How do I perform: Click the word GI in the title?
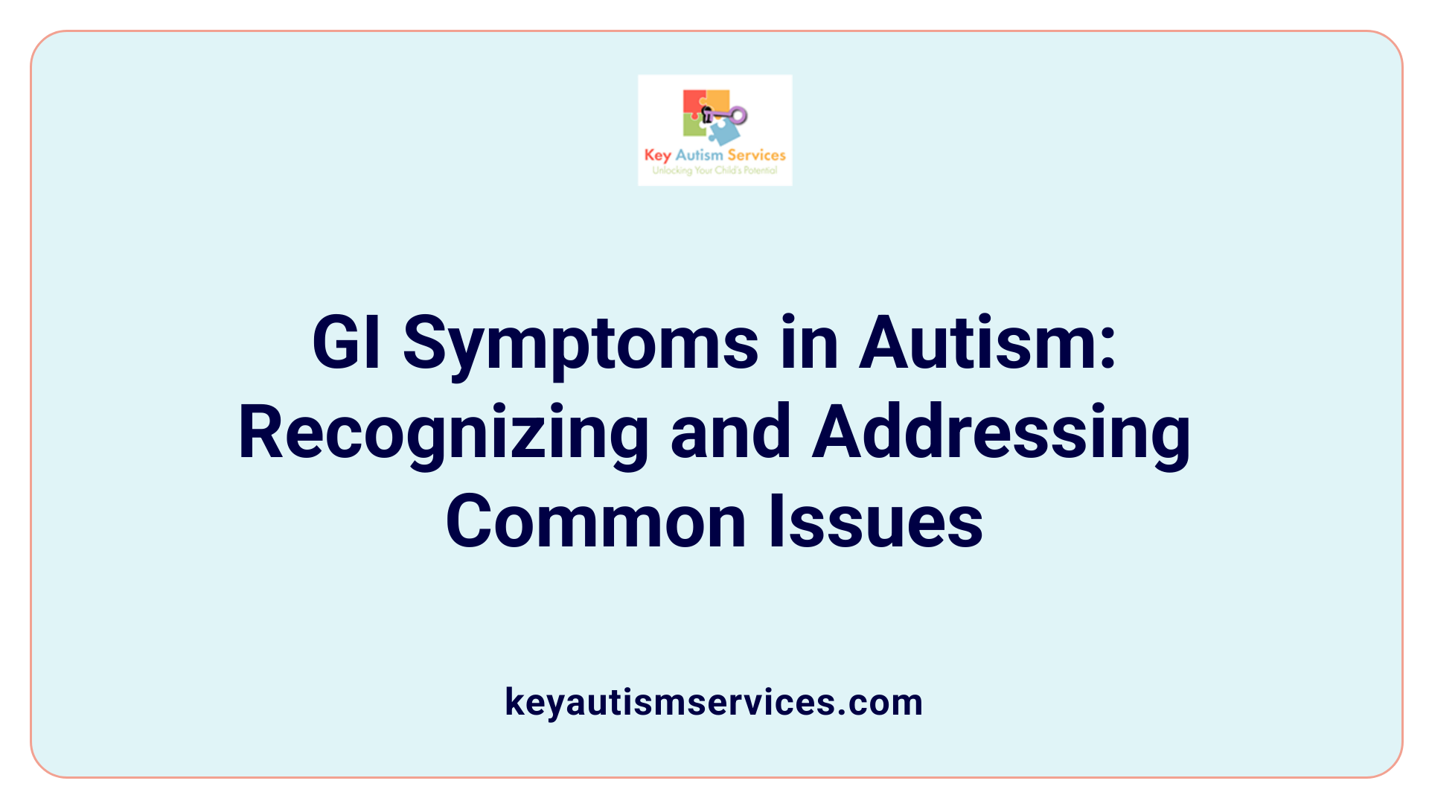tap(347, 342)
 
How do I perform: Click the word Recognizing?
tap(444, 434)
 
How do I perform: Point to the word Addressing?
tap(1001, 434)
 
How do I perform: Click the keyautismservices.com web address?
tap(714, 702)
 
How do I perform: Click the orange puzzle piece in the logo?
tap(717, 100)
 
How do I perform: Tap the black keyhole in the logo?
tap(706, 114)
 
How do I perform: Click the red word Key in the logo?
tap(658, 156)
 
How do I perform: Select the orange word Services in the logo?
tap(756, 155)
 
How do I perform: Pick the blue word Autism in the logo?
tap(699, 155)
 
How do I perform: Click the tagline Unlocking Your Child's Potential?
tap(714, 170)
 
